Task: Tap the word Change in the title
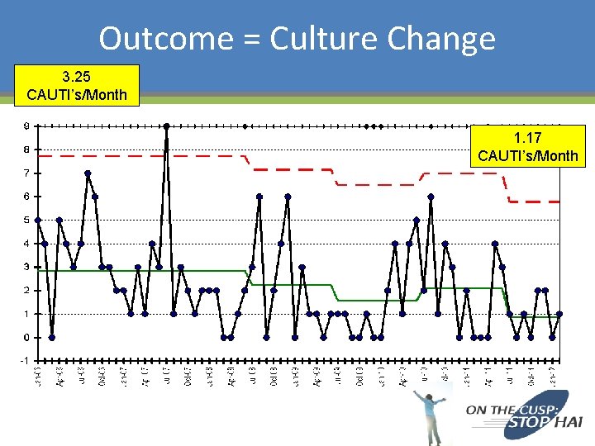click(441, 38)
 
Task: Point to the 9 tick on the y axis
click(26, 126)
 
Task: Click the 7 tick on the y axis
click(26, 173)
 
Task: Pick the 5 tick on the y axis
click(26, 221)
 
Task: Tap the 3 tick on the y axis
click(26, 267)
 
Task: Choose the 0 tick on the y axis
click(26, 337)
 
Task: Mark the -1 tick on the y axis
click(25, 361)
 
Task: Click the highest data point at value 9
click(166, 126)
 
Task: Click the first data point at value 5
click(38, 220)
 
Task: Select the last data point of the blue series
click(559, 314)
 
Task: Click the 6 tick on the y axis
click(26, 197)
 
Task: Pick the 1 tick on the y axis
click(26, 314)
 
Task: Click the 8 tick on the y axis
click(26, 149)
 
